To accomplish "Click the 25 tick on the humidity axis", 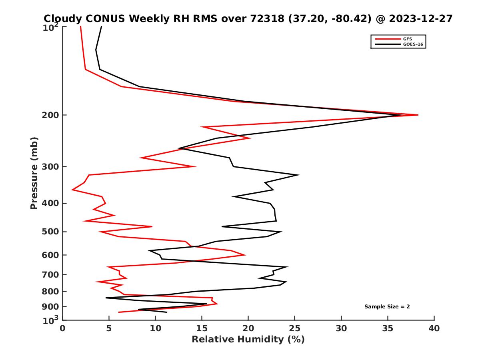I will (x=295, y=328).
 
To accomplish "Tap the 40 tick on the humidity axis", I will (x=434, y=328).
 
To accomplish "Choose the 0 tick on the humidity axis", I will (x=63, y=328).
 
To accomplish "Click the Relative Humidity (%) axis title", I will (x=248, y=340).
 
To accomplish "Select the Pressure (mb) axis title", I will (x=34, y=173).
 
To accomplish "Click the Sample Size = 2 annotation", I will (x=387, y=307).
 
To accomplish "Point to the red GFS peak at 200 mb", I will (x=418, y=115).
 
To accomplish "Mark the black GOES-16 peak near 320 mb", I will (x=298, y=175).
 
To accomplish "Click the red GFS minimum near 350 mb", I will (x=72, y=190).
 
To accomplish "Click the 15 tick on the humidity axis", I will (x=202, y=328).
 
